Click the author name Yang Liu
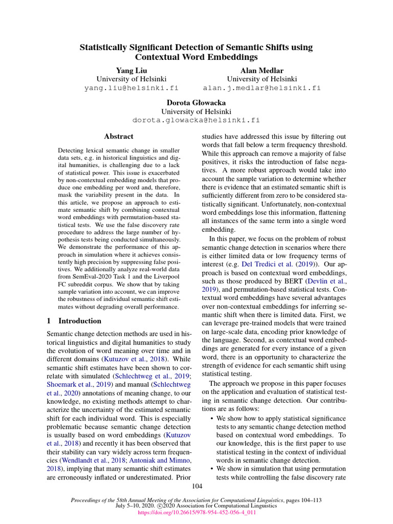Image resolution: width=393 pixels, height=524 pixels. pos(131,70)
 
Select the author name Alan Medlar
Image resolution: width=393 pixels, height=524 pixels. pos(262,70)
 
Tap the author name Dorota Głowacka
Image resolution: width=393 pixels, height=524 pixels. pos(196,102)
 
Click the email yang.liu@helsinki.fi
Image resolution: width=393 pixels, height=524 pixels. pos(131,88)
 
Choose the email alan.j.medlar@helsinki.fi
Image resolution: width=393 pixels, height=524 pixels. pos(262,88)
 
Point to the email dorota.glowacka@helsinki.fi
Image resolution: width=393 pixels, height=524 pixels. pos(196,120)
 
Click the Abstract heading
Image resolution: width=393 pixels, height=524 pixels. pos(119,137)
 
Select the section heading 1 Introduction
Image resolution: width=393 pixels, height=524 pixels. pos(74,321)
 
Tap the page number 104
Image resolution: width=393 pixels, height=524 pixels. pos(196,486)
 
